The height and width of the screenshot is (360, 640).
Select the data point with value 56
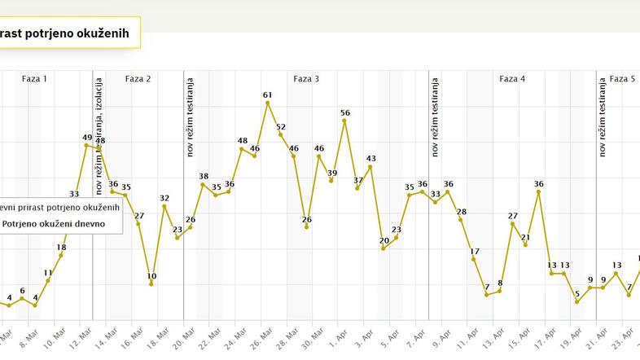click(344, 121)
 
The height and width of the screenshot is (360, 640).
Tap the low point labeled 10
click(151, 283)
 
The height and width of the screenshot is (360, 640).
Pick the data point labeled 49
click(86, 146)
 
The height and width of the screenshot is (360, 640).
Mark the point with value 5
click(576, 302)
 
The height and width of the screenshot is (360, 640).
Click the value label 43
click(370, 159)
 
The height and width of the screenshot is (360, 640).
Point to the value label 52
click(281, 127)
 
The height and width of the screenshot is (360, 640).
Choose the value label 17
click(475, 252)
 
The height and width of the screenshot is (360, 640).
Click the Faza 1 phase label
click(34, 79)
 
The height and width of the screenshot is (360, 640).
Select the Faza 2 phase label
click(138, 79)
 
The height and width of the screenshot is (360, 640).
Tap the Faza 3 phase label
click(306, 79)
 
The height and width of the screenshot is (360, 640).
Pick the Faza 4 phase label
click(512, 79)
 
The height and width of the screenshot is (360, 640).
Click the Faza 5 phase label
click(623, 79)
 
